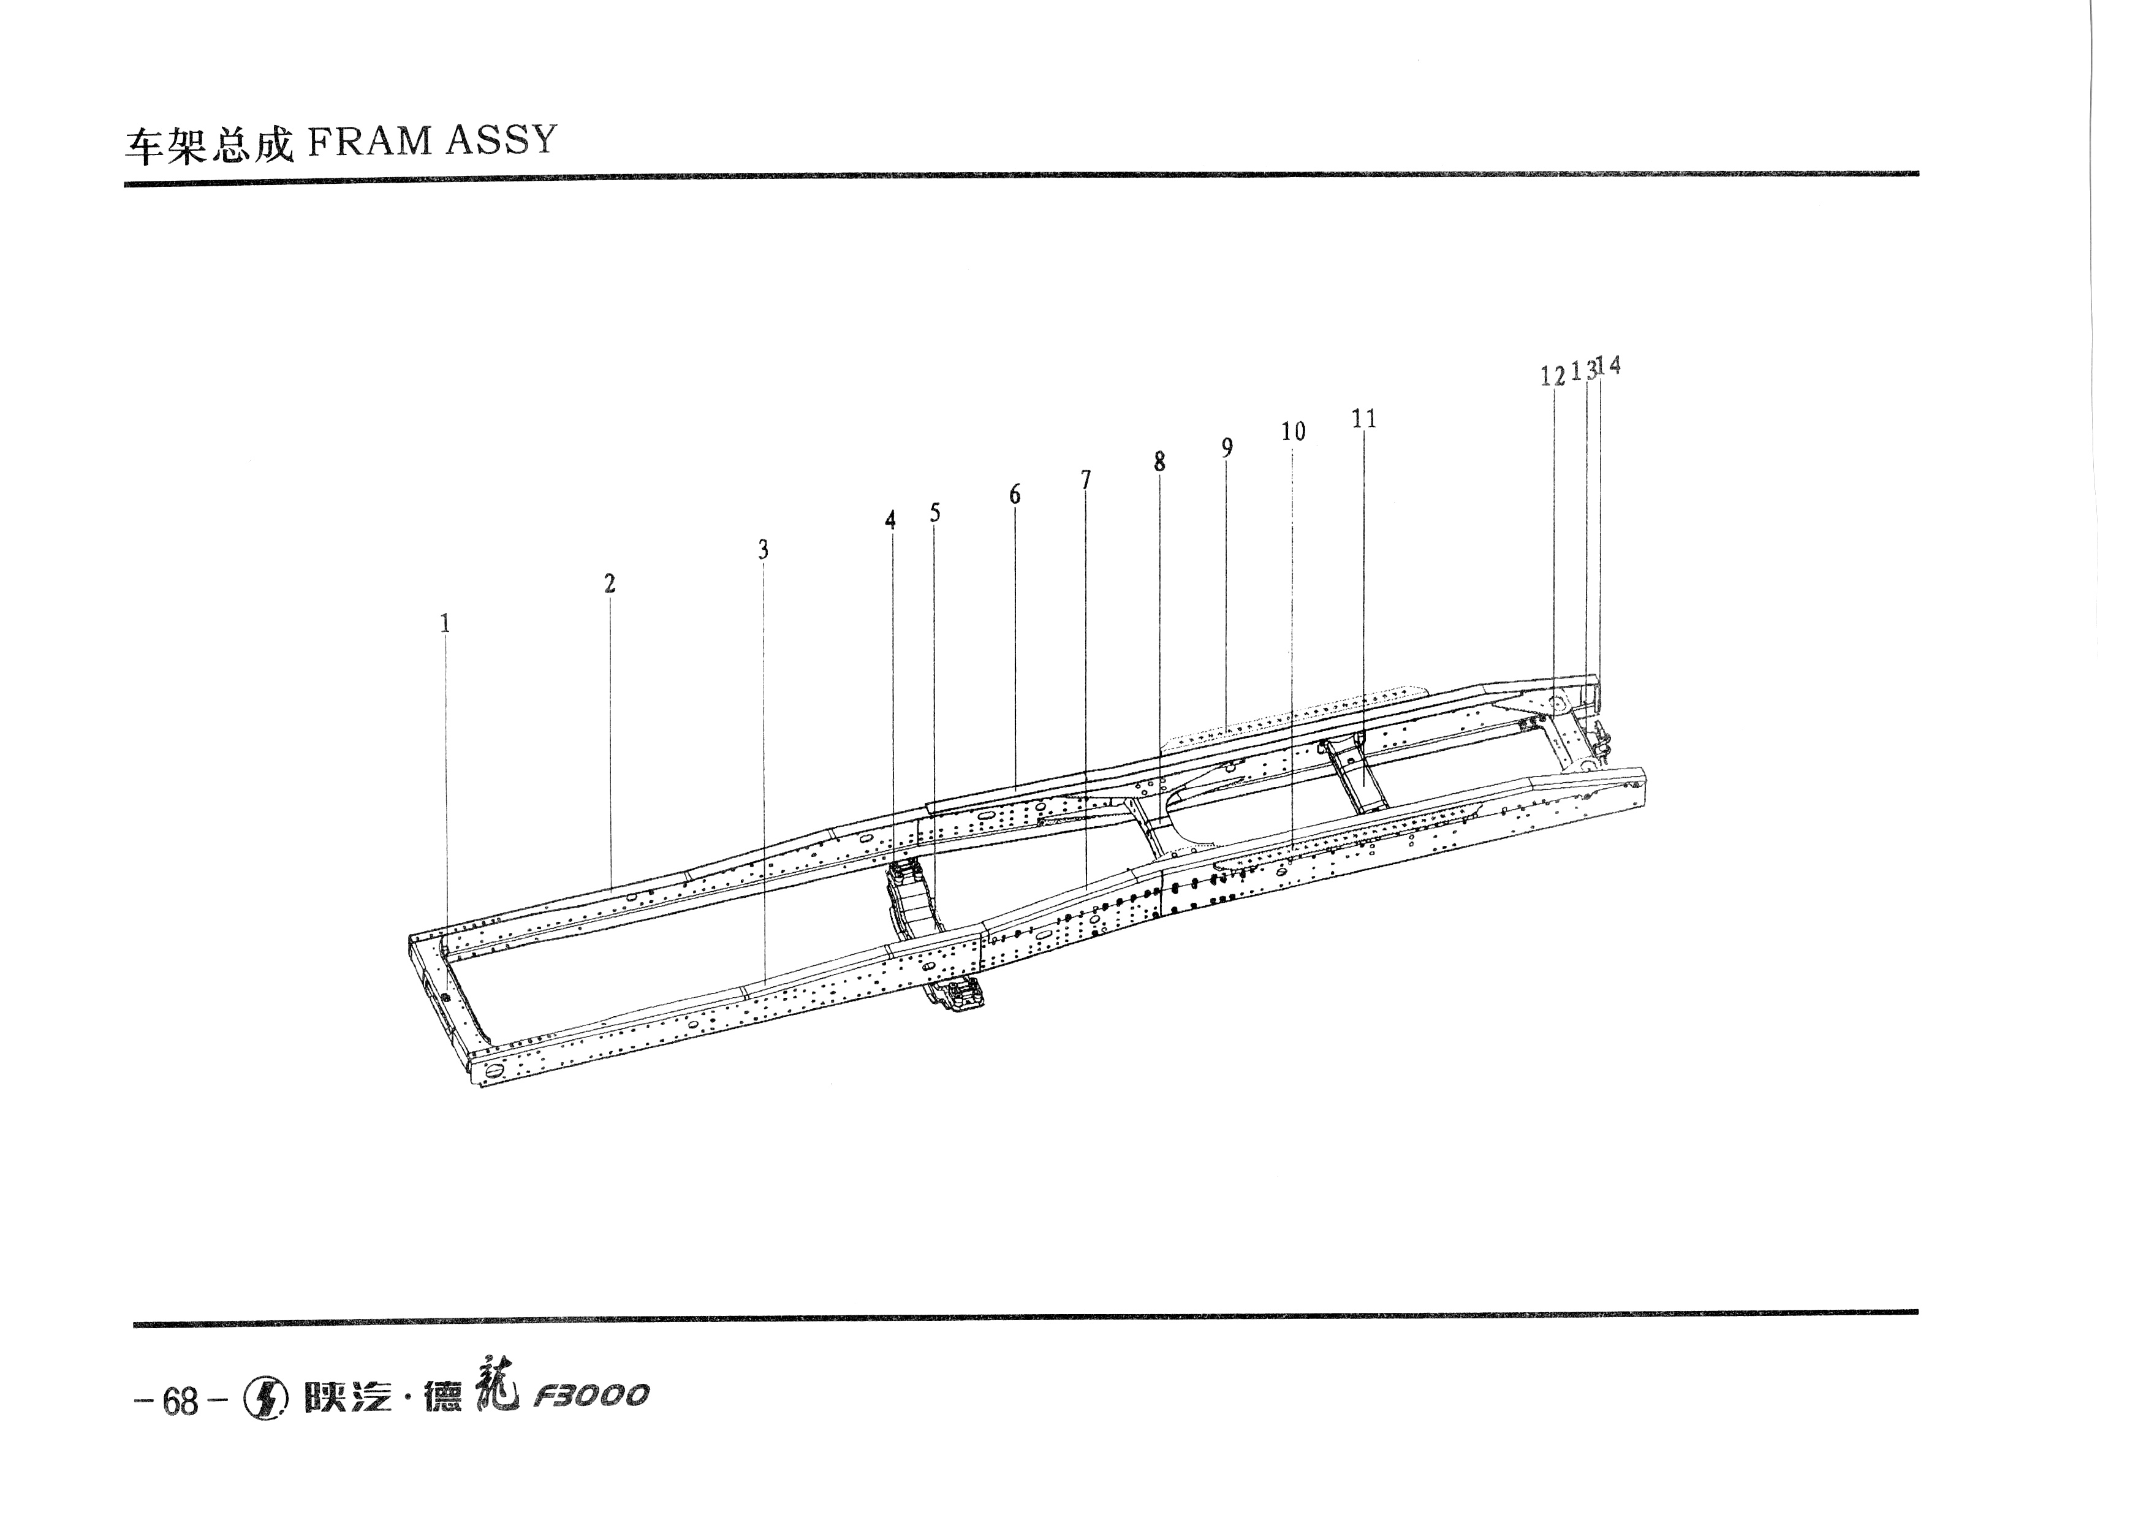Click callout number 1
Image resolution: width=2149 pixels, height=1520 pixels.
click(x=445, y=623)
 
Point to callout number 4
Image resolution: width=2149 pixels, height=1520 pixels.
click(x=891, y=520)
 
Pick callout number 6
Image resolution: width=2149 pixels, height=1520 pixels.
click(x=1015, y=494)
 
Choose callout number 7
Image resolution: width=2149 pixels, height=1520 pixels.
click(x=1086, y=479)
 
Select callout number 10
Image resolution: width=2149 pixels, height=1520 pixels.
click(x=1294, y=431)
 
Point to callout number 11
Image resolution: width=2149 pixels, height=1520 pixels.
click(x=1365, y=419)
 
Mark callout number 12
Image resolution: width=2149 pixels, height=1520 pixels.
click(x=1553, y=376)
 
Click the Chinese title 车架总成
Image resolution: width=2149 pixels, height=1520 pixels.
click(x=210, y=146)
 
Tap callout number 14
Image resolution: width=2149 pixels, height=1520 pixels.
click(x=1609, y=365)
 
